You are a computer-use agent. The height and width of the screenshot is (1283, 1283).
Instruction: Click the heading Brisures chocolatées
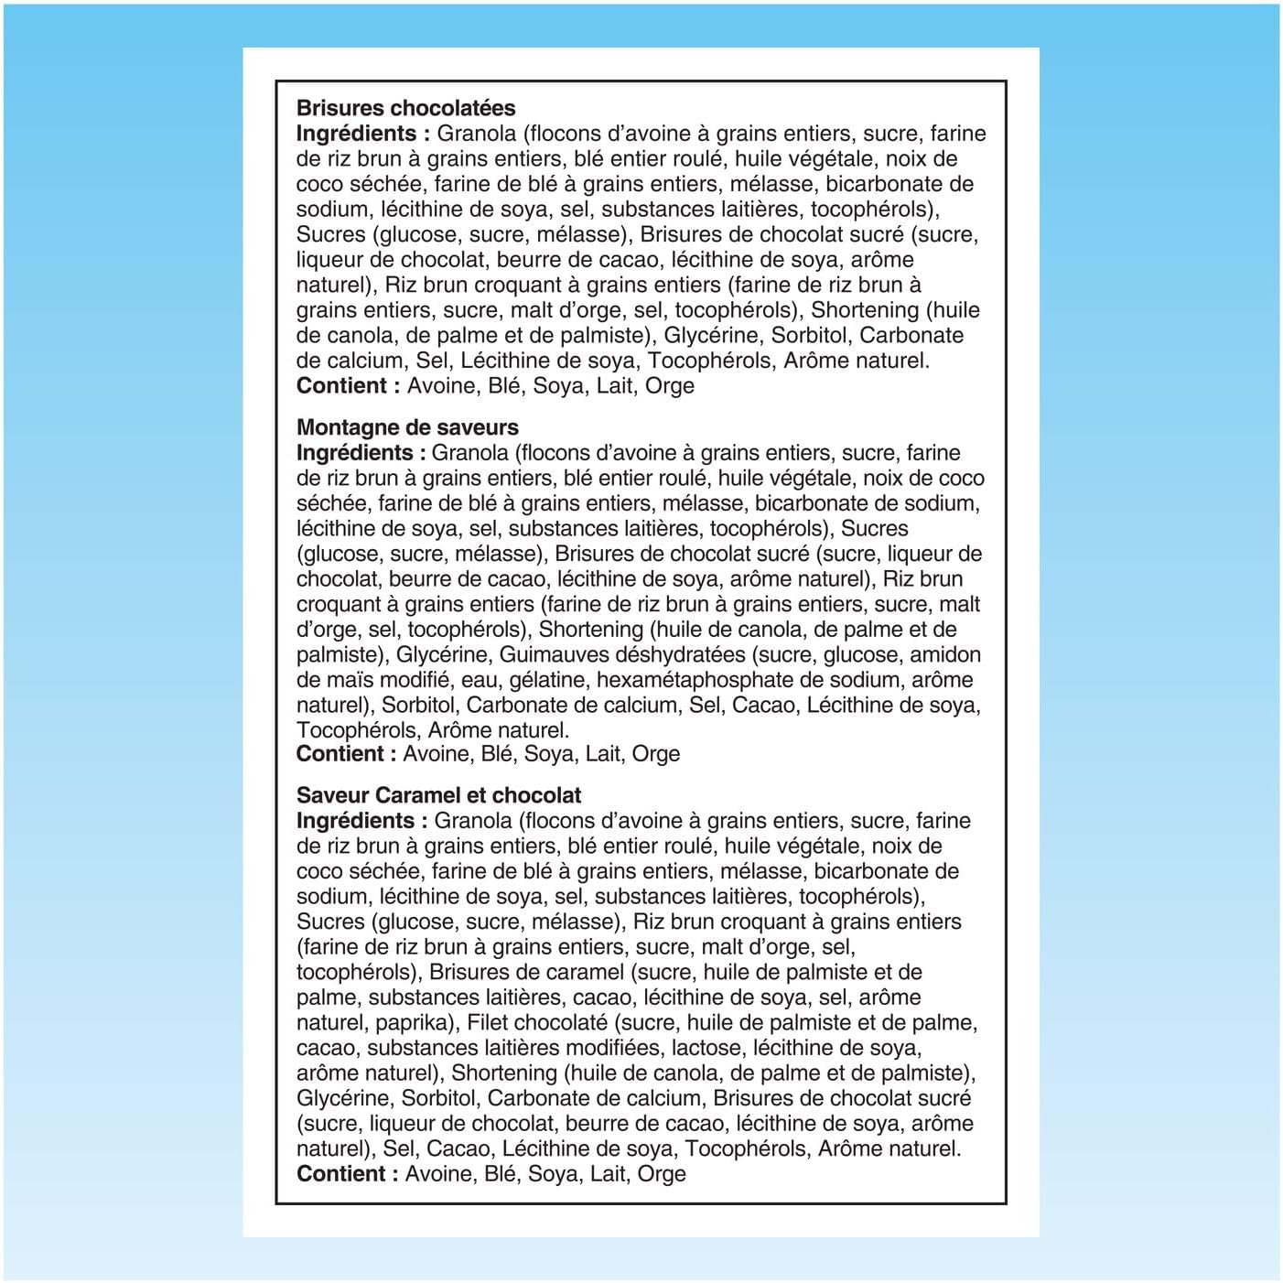(405, 108)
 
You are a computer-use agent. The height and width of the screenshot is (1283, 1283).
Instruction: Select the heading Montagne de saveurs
(407, 427)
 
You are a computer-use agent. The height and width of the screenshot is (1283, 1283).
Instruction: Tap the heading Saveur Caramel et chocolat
(438, 795)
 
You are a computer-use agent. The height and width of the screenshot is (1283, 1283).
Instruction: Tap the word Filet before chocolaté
(492, 1022)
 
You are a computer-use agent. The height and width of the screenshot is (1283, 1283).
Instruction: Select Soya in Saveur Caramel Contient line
(554, 1174)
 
